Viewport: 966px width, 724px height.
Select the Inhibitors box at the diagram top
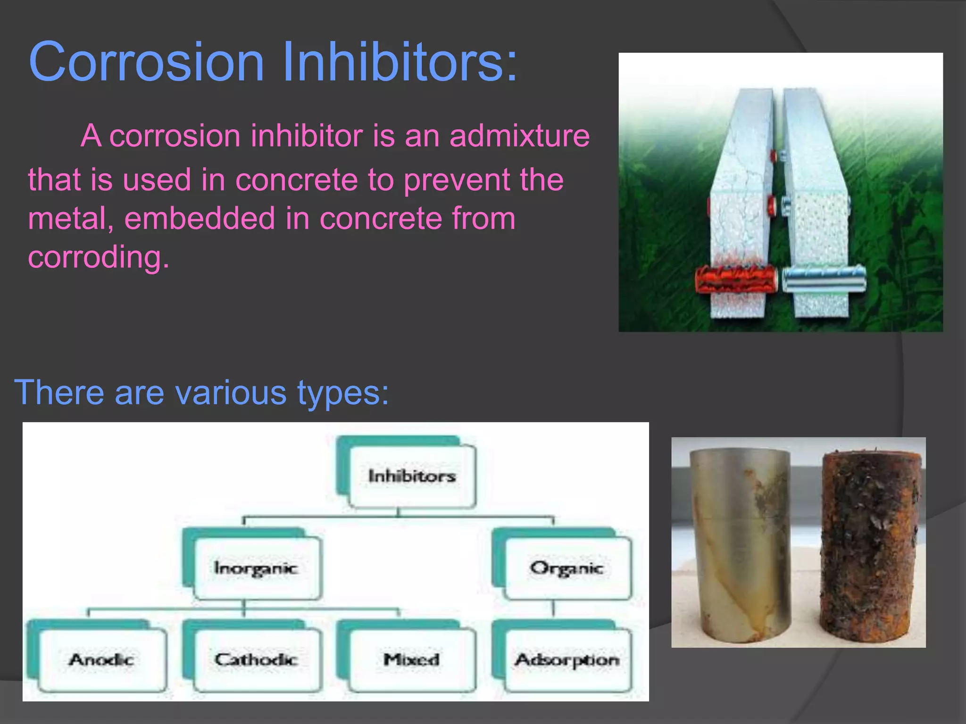coord(411,476)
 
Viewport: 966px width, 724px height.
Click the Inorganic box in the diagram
coord(257,568)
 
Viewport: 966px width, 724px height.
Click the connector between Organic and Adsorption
coord(553,609)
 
